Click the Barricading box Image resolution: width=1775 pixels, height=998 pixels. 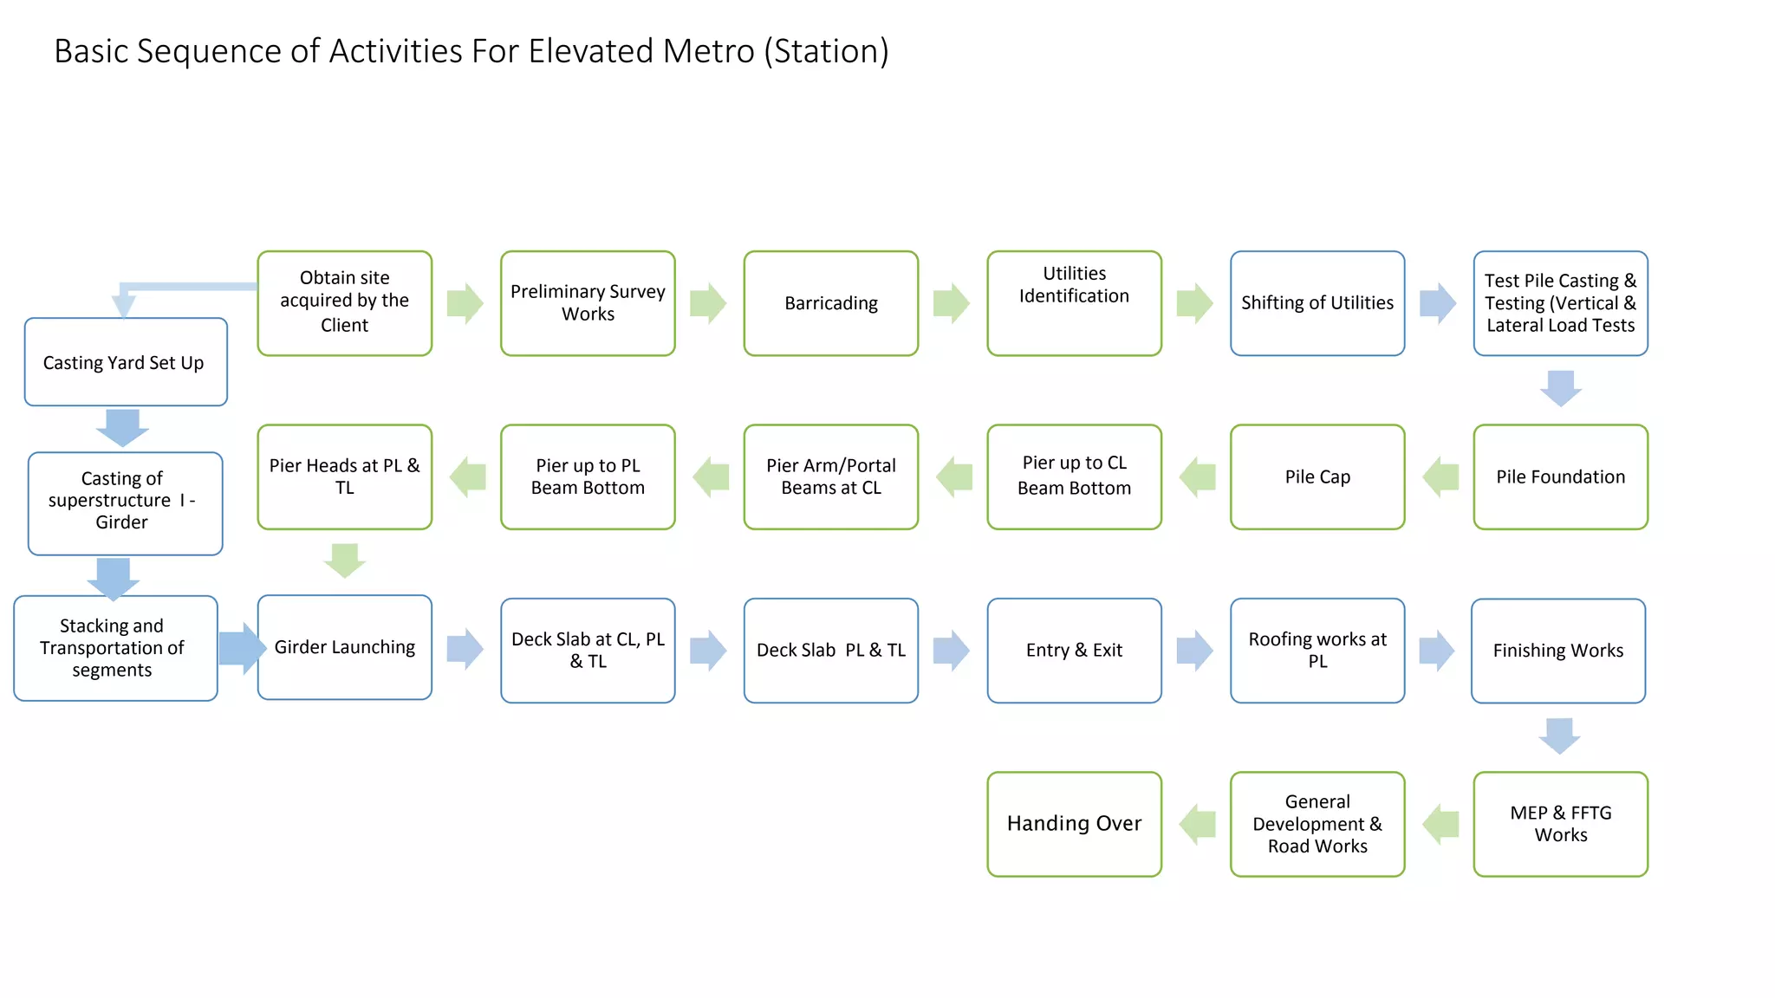[x=830, y=303]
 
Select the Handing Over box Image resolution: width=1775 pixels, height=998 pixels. [x=1074, y=824]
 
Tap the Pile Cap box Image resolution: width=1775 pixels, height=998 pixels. [x=1317, y=477]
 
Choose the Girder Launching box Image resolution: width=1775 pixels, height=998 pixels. [x=344, y=647]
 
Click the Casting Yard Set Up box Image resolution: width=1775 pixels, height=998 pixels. [x=125, y=362]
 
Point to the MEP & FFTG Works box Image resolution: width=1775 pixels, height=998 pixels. [x=1560, y=824]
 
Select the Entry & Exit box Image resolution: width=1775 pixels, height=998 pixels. [x=1074, y=651]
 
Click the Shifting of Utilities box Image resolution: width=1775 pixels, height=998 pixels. [x=1317, y=303]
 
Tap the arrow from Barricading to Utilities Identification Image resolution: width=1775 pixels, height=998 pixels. [x=952, y=303]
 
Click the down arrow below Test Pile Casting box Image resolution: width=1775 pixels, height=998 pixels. [x=1561, y=388]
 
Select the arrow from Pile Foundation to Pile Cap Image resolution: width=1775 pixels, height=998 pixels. [x=1440, y=477]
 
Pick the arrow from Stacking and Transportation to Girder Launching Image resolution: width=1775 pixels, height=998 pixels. [x=240, y=648]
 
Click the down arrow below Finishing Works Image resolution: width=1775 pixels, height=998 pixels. [x=1559, y=736]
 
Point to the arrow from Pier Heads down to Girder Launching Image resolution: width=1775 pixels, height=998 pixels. [x=345, y=561]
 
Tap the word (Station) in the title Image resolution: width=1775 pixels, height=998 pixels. [x=826, y=51]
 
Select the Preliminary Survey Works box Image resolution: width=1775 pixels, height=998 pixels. [x=588, y=303]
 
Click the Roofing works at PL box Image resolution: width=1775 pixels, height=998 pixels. [x=1317, y=651]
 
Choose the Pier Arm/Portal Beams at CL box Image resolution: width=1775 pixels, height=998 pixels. [x=830, y=477]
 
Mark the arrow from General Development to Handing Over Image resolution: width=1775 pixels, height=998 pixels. [x=1197, y=824]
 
